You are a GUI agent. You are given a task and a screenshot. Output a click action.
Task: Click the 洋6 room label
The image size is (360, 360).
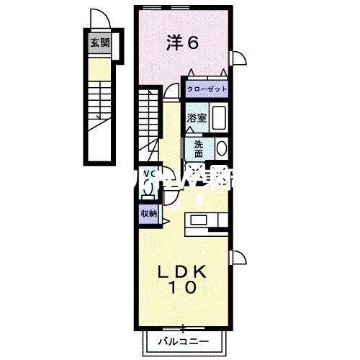(182, 42)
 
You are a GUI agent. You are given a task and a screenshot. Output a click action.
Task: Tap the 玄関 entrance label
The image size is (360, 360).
(99, 42)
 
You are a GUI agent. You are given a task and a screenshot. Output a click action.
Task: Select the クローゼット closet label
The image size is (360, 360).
(207, 89)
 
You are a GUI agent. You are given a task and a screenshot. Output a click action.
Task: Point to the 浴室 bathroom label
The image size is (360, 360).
(197, 118)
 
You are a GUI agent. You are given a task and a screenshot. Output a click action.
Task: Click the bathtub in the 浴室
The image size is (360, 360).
(220, 117)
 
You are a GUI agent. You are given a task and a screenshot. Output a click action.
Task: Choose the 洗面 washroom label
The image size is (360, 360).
(199, 148)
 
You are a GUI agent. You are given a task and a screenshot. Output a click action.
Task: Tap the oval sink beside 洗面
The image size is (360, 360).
(221, 149)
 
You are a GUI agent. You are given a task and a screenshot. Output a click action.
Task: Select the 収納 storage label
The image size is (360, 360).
(148, 212)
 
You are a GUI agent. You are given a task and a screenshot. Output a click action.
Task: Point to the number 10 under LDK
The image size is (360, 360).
(183, 288)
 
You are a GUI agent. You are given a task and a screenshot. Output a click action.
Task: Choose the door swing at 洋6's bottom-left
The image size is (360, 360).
(171, 91)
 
